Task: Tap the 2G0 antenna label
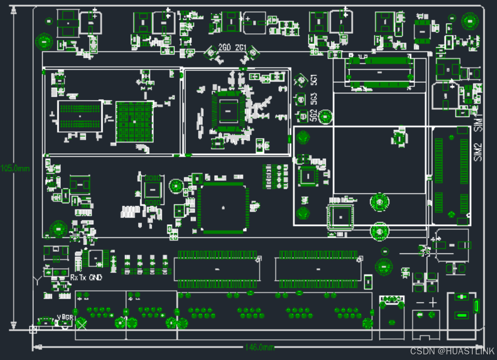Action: pyautogui.click(x=224, y=47)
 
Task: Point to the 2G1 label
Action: pyautogui.click(x=241, y=47)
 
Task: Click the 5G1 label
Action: pyautogui.click(x=314, y=80)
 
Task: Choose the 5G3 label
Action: pyautogui.click(x=314, y=99)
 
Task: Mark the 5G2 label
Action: pyautogui.click(x=314, y=115)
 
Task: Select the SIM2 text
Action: pyautogui.click(x=478, y=152)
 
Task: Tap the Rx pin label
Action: pyautogui.click(x=74, y=278)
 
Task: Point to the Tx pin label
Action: pyautogui.click(x=83, y=278)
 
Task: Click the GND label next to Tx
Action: pyautogui.click(x=96, y=278)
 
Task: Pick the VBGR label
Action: pyautogui.click(x=65, y=318)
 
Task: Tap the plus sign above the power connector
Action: pyautogui.click(x=433, y=303)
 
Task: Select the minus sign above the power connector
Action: pyautogui.click(x=420, y=303)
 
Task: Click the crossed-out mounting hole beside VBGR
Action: pyautogui.click(x=82, y=323)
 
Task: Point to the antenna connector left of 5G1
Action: pyautogui.click(x=300, y=80)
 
